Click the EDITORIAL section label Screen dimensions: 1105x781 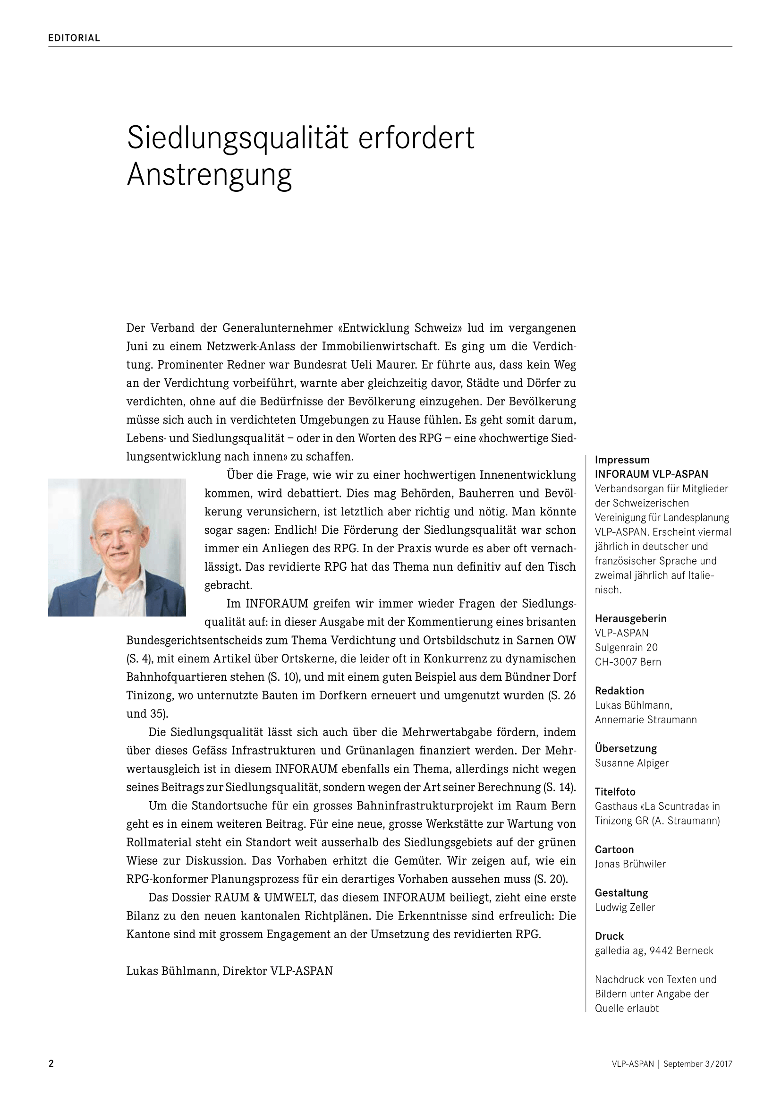(x=74, y=38)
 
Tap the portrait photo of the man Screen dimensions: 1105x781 (x=117, y=547)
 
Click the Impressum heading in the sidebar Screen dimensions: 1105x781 (x=622, y=460)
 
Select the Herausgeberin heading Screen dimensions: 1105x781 (x=630, y=618)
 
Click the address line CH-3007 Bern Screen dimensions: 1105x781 (x=628, y=662)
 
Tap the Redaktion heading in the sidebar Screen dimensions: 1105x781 (x=620, y=691)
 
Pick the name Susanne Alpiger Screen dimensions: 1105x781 (x=631, y=763)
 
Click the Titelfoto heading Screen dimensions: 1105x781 (x=615, y=792)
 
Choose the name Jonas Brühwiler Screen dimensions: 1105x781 (x=630, y=864)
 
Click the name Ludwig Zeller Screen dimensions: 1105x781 (x=625, y=907)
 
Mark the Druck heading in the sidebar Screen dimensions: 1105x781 (x=609, y=936)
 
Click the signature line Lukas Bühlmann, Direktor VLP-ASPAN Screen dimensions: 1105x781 (x=229, y=971)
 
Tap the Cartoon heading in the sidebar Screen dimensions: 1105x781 (x=614, y=849)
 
